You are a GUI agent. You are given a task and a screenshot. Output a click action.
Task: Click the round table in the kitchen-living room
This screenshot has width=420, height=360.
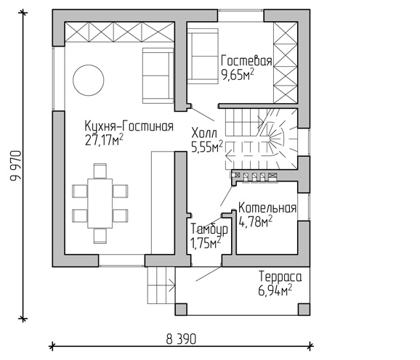click(89, 80)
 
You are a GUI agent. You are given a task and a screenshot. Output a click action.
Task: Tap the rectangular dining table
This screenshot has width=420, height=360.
click(100, 203)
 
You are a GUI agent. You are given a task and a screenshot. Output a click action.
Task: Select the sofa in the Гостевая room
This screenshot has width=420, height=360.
click(203, 56)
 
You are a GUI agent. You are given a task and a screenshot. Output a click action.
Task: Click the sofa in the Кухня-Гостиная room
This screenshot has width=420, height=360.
click(158, 75)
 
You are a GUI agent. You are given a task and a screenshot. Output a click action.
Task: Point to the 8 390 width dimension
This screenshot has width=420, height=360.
click(181, 340)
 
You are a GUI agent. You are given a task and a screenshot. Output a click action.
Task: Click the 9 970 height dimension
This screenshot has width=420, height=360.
click(15, 165)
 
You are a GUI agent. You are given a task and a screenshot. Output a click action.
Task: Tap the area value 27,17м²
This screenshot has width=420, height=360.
click(104, 140)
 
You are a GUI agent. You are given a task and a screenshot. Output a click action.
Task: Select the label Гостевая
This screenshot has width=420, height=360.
click(246, 61)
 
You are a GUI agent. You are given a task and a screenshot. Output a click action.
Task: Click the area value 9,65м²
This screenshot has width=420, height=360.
click(238, 75)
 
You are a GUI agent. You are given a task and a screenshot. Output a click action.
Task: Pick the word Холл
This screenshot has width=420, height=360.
click(204, 133)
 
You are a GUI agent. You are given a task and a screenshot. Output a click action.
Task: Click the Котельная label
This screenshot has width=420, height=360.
click(267, 208)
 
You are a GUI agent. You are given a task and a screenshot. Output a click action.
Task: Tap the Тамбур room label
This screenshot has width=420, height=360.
click(209, 229)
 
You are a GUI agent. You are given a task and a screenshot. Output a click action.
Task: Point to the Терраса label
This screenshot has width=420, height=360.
click(280, 277)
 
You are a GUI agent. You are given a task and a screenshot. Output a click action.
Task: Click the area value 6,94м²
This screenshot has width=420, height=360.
click(275, 290)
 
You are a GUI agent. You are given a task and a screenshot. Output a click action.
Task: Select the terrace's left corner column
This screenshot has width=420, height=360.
click(181, 309)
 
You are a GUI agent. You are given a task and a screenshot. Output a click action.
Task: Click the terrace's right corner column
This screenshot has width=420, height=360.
click(304, 309)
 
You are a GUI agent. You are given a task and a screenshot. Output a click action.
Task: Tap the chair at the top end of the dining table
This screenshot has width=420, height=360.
click(100, 171)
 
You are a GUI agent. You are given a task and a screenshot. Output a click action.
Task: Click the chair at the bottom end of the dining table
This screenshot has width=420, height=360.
click(100, 236)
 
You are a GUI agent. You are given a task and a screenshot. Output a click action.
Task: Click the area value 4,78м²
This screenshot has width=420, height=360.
click(255, 222)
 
